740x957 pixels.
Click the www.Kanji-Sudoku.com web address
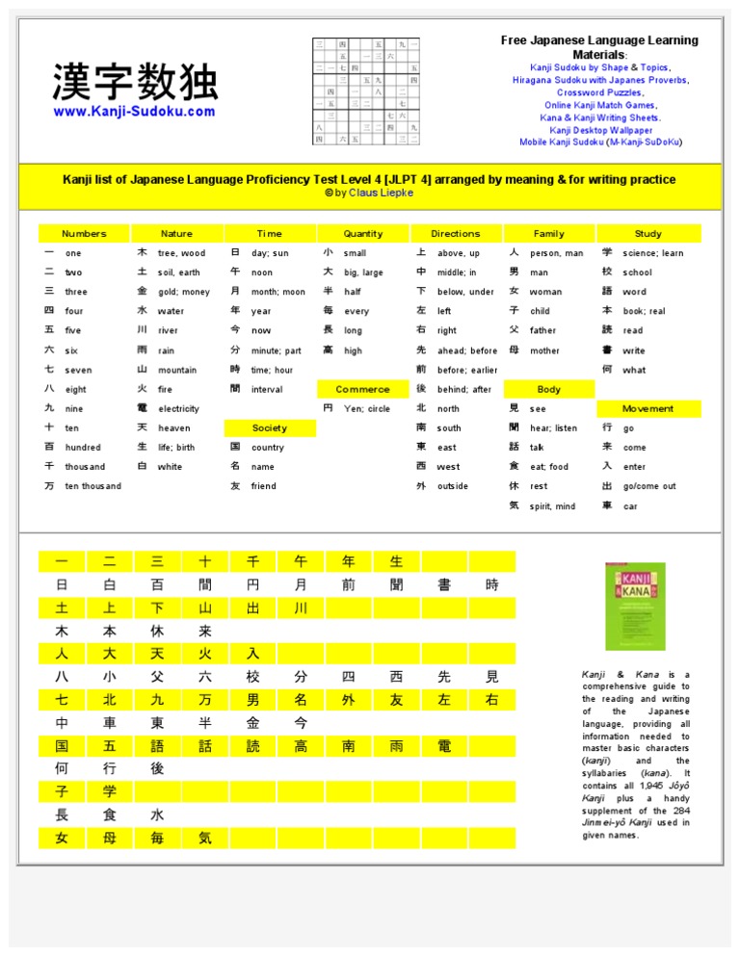coord(134,112)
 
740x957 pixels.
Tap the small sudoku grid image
coord(365,91)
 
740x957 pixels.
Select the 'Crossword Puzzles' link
coord(599,92)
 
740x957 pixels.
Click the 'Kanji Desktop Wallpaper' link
coord(600,130)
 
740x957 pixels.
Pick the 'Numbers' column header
coord(84,233)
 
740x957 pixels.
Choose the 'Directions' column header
coord(456,233)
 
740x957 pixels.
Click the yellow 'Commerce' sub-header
coord(363,389)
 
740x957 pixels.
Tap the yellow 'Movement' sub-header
coord(647,408)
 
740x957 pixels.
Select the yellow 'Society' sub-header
coord(270,427)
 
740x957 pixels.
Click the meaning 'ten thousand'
coord(93,486)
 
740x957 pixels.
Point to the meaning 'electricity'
coord(179,408)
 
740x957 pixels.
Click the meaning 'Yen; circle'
coord(367,408)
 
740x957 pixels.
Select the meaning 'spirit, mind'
coord(552,505)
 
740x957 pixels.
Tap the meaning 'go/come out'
coord(649,486)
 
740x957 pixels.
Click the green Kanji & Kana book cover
coord(628,606)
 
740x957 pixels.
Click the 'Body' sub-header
coord(549,389)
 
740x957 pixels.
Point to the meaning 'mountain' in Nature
coord(177,370)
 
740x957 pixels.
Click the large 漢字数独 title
coord(135,83)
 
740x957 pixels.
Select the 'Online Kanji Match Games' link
coord(599,105)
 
